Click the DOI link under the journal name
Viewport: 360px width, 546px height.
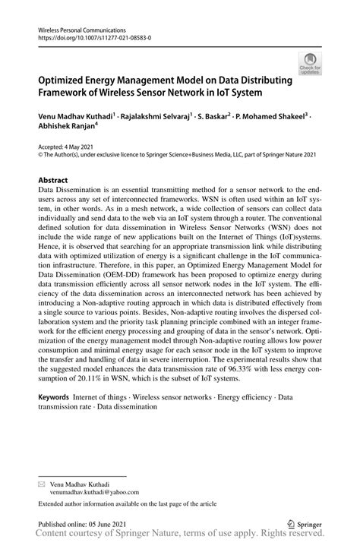(x=90, y=36)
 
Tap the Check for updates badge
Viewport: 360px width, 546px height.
(x=310, y=64)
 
